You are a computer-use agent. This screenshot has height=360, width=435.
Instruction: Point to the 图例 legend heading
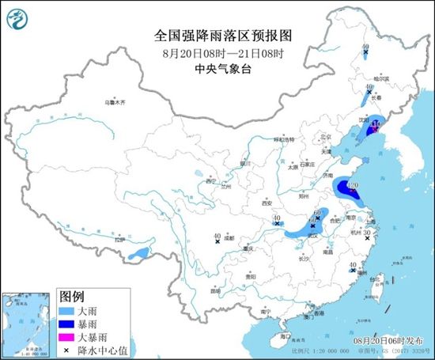point(71,297)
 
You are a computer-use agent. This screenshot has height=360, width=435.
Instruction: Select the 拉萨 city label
point(120,239)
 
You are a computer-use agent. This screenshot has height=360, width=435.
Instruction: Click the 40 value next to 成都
point(217,235)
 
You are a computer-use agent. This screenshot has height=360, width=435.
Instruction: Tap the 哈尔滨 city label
point(381,79)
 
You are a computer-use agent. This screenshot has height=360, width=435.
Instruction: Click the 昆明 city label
point(215,290)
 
